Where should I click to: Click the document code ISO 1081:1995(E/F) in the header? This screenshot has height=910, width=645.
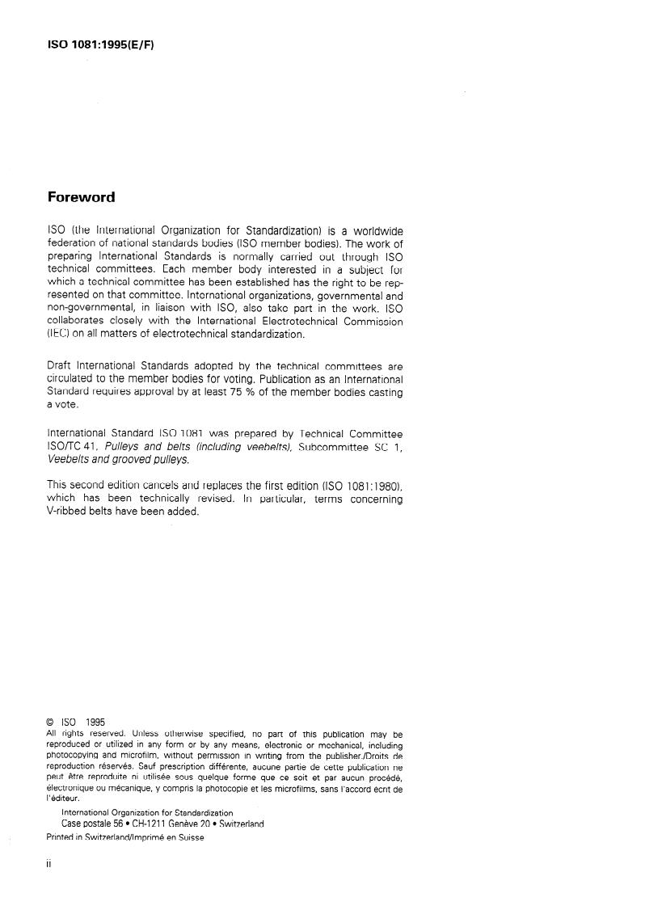click(101, 44)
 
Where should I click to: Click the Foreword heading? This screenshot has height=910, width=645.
click(81, 197)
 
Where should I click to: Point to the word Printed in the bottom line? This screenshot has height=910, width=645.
click(62, 837)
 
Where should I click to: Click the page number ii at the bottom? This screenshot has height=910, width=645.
click(48, 864)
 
